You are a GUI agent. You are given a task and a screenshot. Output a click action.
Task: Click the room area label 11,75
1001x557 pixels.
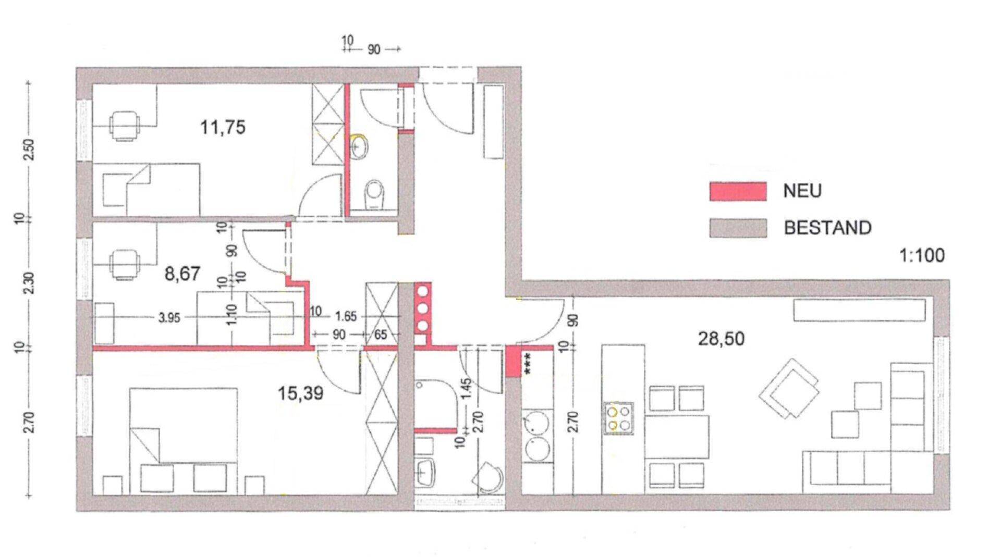point(223,127)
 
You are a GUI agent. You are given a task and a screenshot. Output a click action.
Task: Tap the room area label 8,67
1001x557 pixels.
point(182,274)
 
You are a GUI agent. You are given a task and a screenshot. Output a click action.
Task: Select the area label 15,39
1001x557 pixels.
point(300,393)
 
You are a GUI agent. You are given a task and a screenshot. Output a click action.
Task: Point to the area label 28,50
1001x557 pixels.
point(721,339)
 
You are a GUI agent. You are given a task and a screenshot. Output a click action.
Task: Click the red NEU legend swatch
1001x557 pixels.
point(737,191)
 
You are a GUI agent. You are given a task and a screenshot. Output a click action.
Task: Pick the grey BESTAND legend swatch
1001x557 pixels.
point(737,228)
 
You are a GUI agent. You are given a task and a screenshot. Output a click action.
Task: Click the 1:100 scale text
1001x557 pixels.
point(922,256)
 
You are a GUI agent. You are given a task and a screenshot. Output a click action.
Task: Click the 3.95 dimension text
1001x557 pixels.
point(169,317)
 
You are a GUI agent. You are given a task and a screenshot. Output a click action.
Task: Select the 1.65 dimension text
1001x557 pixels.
point(346,316)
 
